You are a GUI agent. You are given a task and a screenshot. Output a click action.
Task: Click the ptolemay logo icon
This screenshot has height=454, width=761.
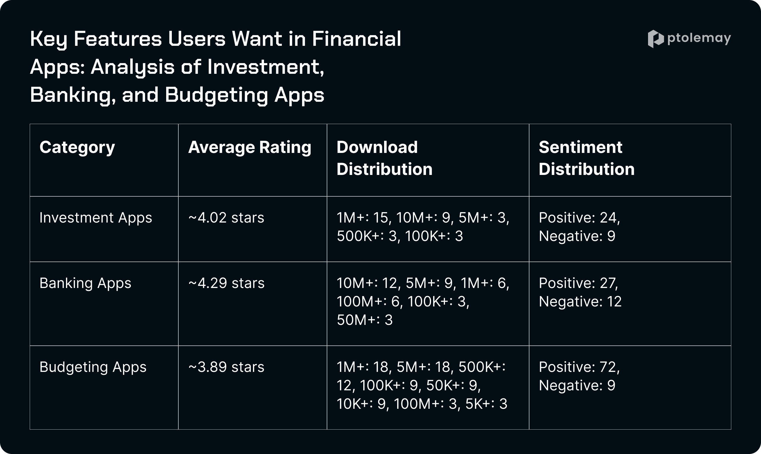click(655, 39)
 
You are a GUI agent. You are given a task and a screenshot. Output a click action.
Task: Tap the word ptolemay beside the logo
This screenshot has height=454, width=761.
click(699, 39)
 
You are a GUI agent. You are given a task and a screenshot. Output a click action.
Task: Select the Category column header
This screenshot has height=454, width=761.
click(77, 148)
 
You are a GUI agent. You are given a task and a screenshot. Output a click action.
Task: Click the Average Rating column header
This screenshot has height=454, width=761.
click(250, 148)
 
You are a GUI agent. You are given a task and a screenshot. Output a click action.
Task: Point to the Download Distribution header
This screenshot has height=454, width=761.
click(384, 158)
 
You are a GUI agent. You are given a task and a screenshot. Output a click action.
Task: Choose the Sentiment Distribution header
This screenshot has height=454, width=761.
click(587, 158)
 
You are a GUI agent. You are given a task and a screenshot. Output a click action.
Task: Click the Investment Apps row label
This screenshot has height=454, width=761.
click(96, 218)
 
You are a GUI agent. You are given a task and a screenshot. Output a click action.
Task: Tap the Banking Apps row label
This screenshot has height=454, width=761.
click(85, 284)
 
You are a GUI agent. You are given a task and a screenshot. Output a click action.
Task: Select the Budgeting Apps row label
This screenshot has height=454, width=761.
click(93, 367)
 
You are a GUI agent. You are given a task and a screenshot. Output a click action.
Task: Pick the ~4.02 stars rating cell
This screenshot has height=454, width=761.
click(226, 218)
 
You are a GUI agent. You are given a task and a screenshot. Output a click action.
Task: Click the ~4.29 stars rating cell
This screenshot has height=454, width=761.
click(227, 283)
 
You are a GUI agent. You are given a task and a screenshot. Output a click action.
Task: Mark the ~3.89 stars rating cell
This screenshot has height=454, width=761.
click(226, 367)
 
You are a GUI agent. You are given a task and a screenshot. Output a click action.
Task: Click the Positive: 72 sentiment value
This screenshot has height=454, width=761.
click(579, 367)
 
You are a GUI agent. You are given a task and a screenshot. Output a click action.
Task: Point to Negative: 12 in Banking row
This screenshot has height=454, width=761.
click(580, 302)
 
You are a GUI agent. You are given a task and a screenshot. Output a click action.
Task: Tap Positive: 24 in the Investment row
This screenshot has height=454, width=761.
click(579, 218)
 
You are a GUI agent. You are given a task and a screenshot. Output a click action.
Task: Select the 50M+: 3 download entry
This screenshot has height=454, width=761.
click(365, 320)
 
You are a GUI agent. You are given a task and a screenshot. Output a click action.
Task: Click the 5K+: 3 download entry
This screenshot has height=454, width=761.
click(486, 404)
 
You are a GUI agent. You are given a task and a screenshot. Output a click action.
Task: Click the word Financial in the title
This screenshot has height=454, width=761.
click(356, 39)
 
